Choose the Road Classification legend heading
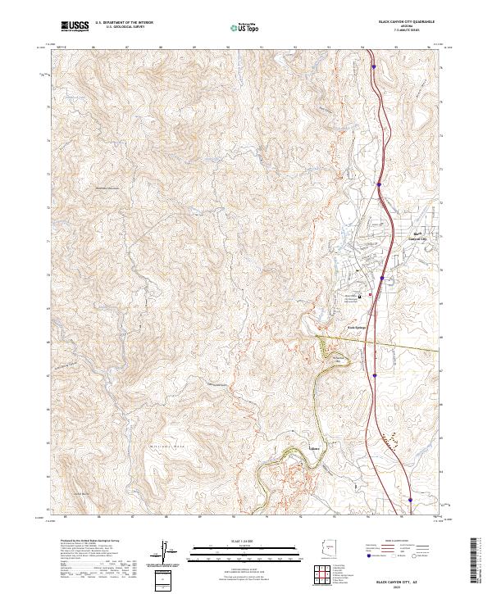click(393, 542)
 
